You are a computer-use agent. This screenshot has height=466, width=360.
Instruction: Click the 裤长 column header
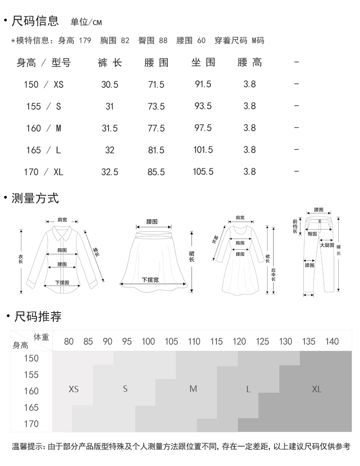tap(110, 62)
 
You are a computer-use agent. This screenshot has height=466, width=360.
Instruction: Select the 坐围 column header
tap(203, 62)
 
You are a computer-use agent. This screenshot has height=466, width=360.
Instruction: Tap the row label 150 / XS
tap(44, 84)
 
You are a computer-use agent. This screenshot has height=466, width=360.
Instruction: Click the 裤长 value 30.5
tap(110, 84)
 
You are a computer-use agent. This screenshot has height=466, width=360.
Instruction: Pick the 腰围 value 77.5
tap(156, 128)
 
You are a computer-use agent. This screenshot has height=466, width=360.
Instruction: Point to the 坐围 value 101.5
tap(203, 150)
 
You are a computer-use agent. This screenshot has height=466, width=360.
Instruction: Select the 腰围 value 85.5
tap(156, 172)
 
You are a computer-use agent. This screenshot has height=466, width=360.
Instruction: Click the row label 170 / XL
tap(44, 172)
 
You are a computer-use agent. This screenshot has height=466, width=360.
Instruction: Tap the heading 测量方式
tap(35, 198)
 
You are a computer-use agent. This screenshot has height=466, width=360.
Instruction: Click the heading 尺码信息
tap(35, 20)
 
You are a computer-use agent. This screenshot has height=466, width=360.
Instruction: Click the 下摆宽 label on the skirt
tap(150, 280)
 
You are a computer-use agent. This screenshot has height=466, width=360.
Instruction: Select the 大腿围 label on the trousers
tap(327, 245)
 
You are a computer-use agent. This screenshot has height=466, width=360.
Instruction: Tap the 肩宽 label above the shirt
tap(62, 220)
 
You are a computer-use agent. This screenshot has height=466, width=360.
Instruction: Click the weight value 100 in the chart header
tap(148, 342)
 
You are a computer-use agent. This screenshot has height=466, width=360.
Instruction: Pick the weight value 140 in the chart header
tap(332, 342)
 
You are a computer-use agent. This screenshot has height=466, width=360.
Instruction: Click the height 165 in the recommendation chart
tap(31, 407)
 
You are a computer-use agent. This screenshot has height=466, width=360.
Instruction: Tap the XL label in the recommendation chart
tap(317, 389)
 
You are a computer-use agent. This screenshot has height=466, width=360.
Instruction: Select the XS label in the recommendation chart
tap(73, 389)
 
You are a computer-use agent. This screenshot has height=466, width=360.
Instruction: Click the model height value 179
tap(85, 41)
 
